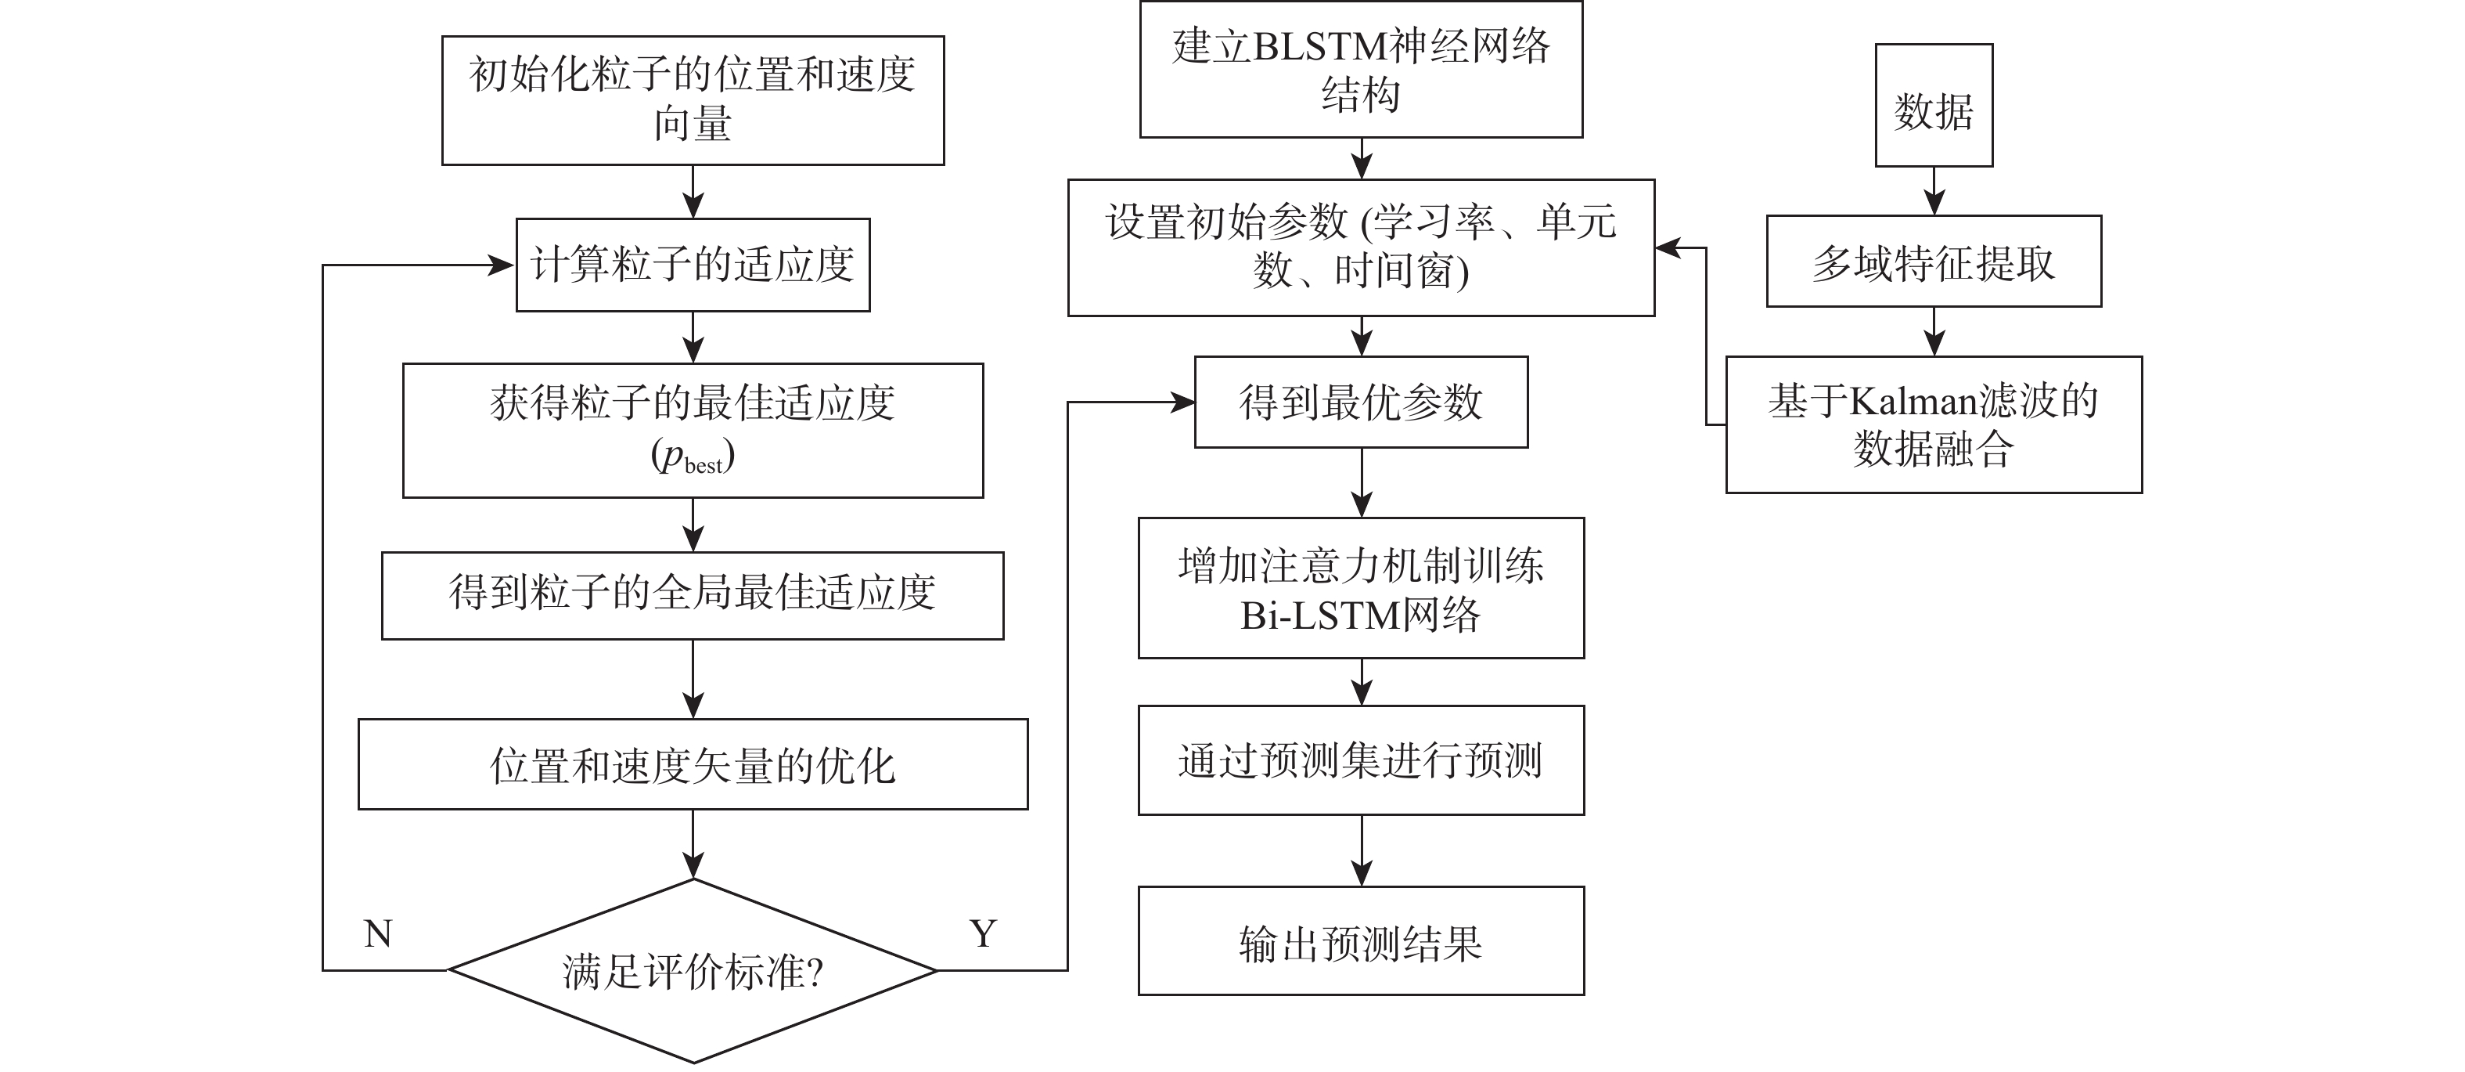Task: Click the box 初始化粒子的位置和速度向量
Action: click(x=693, y=100)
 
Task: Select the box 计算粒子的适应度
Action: click(x=693, y=265)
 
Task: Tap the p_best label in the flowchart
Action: click(x=693, y=457)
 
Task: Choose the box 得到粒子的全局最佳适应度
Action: click(x=693, y=594)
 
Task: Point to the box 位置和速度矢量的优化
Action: click(x=693, y=765)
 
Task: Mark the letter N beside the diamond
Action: click(x=378, y=934)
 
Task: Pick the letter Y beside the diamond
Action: click(x=983, y=934)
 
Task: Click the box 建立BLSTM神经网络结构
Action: click(x=1361, y=70)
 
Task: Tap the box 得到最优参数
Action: click(x=1361, y=402)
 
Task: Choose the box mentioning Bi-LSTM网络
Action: click(x=1361, y=589)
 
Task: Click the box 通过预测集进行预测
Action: click(x=1361, y=761)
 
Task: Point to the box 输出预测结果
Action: click(x=1361, y=942)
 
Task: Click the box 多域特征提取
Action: click(x=1934, y=262)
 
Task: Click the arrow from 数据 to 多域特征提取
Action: click(x=1934, y=190)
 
